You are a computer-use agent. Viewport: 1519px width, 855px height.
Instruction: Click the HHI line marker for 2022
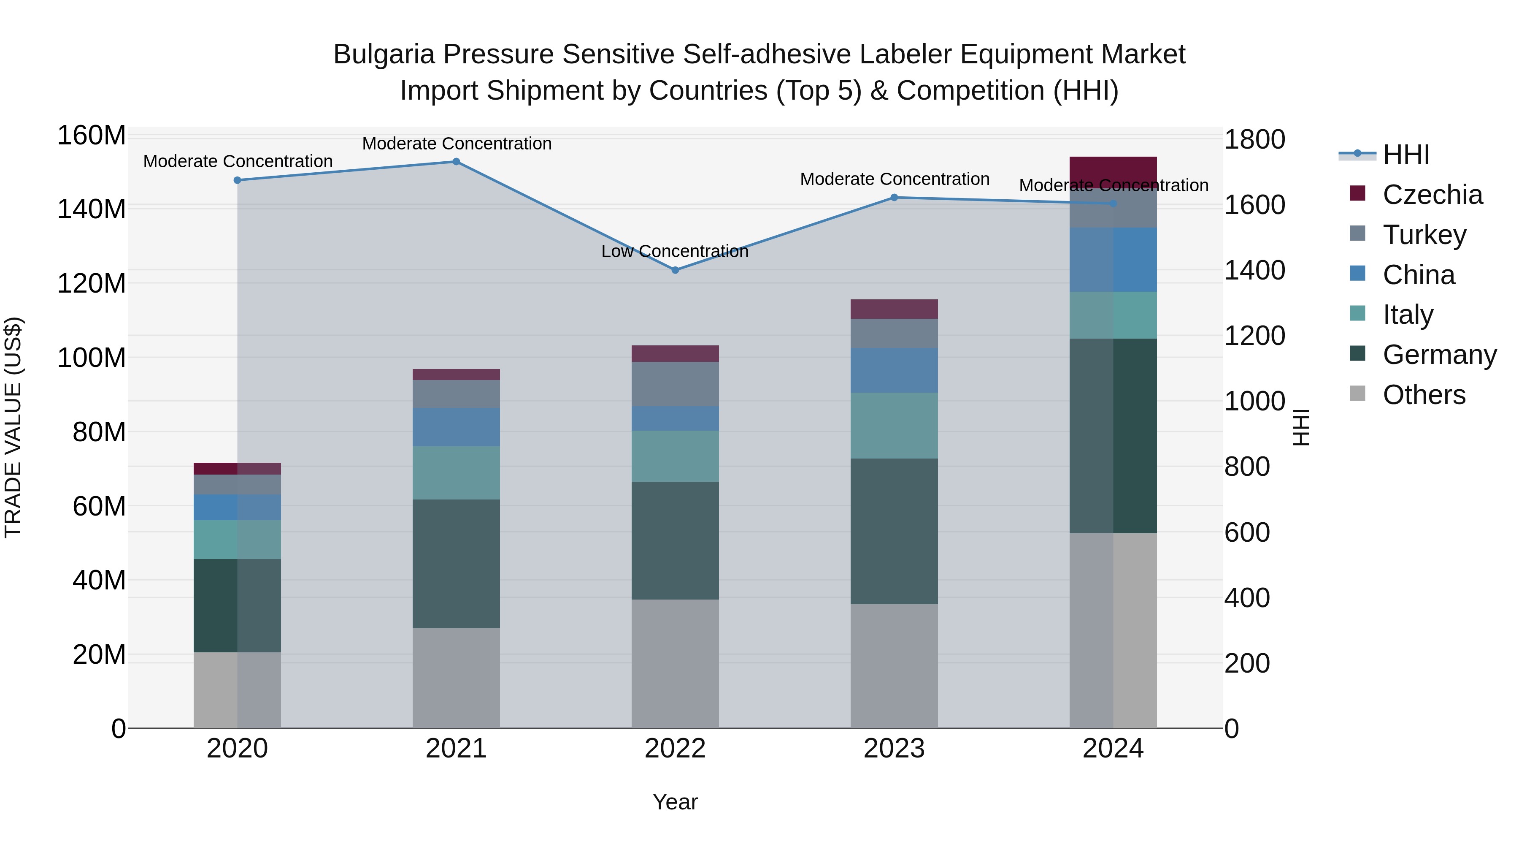tap(675, 270)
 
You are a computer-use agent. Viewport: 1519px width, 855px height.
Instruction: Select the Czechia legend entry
tap(1432, 195)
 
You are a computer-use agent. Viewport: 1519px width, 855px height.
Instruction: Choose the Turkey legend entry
tap(1424, 234)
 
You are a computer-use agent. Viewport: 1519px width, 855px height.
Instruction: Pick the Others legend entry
tap(1424, 394)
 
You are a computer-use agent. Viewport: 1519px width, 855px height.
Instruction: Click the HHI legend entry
tap(1406, 155)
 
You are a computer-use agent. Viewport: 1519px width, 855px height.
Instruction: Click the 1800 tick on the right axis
tap(1254, 140)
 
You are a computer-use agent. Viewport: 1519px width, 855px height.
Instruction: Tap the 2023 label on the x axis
tap(894, 749)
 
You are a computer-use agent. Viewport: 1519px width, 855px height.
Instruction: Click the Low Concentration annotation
tap(675, 251)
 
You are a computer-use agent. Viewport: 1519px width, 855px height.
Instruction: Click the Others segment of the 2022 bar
tap(675, 663)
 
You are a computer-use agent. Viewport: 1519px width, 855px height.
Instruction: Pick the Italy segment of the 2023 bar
tap(894, 426)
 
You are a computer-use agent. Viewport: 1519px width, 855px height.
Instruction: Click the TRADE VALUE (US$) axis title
tap(13, 427)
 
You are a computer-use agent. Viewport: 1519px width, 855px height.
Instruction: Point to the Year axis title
tap(675, 802)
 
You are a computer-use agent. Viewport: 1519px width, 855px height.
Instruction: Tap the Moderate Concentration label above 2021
tap(457, 144)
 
